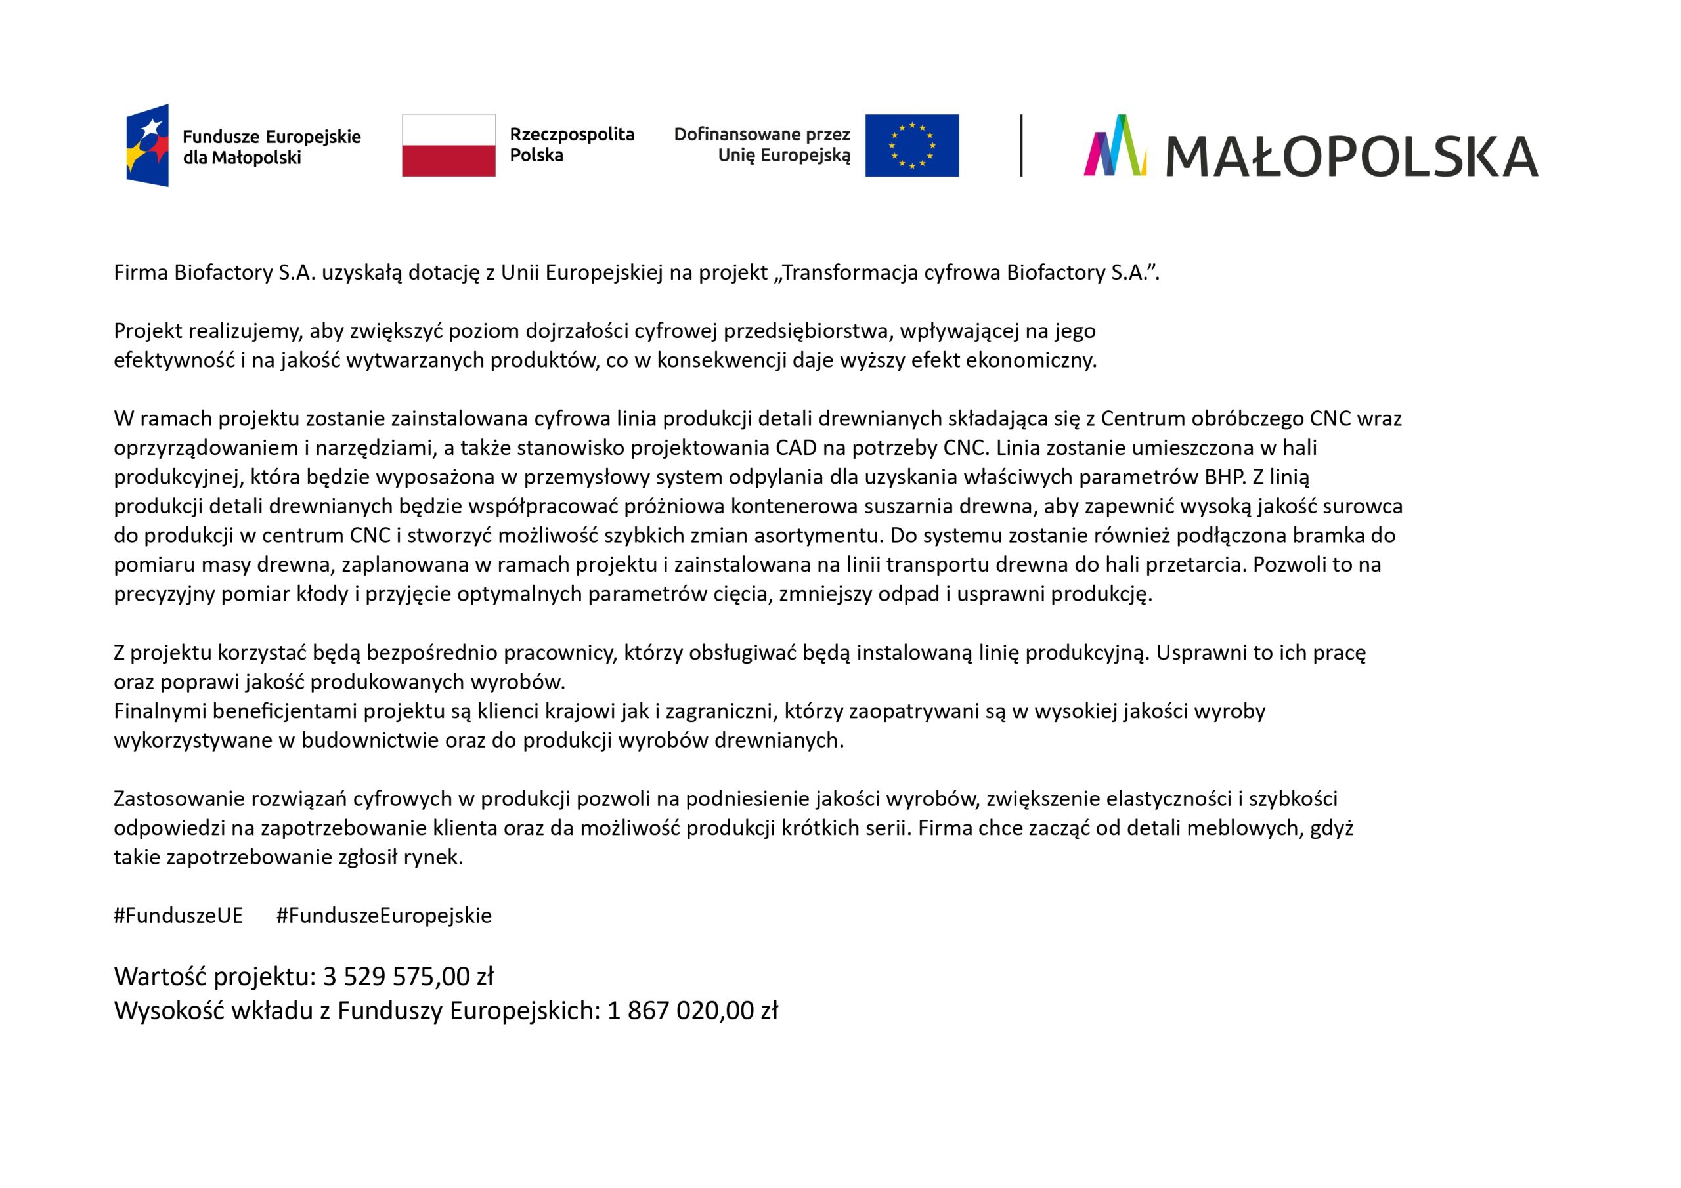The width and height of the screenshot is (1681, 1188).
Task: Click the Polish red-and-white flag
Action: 448,145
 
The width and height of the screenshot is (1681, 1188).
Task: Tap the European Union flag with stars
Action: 911,145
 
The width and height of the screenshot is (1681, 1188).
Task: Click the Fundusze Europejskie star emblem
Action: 148,145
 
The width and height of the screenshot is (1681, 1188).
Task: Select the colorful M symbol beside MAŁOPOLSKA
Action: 1115,146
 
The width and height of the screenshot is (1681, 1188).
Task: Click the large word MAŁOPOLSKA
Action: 1351,156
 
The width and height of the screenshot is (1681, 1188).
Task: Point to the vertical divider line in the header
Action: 1020,145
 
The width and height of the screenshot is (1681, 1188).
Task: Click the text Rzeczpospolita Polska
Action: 571,145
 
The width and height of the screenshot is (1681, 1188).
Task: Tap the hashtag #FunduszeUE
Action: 178,916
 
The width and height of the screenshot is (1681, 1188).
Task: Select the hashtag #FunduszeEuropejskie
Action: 383,916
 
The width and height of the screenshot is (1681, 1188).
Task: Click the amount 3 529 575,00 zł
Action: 408,977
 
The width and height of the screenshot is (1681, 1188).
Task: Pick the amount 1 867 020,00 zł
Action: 692,1011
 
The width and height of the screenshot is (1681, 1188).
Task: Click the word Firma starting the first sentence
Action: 141,273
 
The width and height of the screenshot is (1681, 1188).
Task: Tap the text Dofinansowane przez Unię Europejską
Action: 762,145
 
